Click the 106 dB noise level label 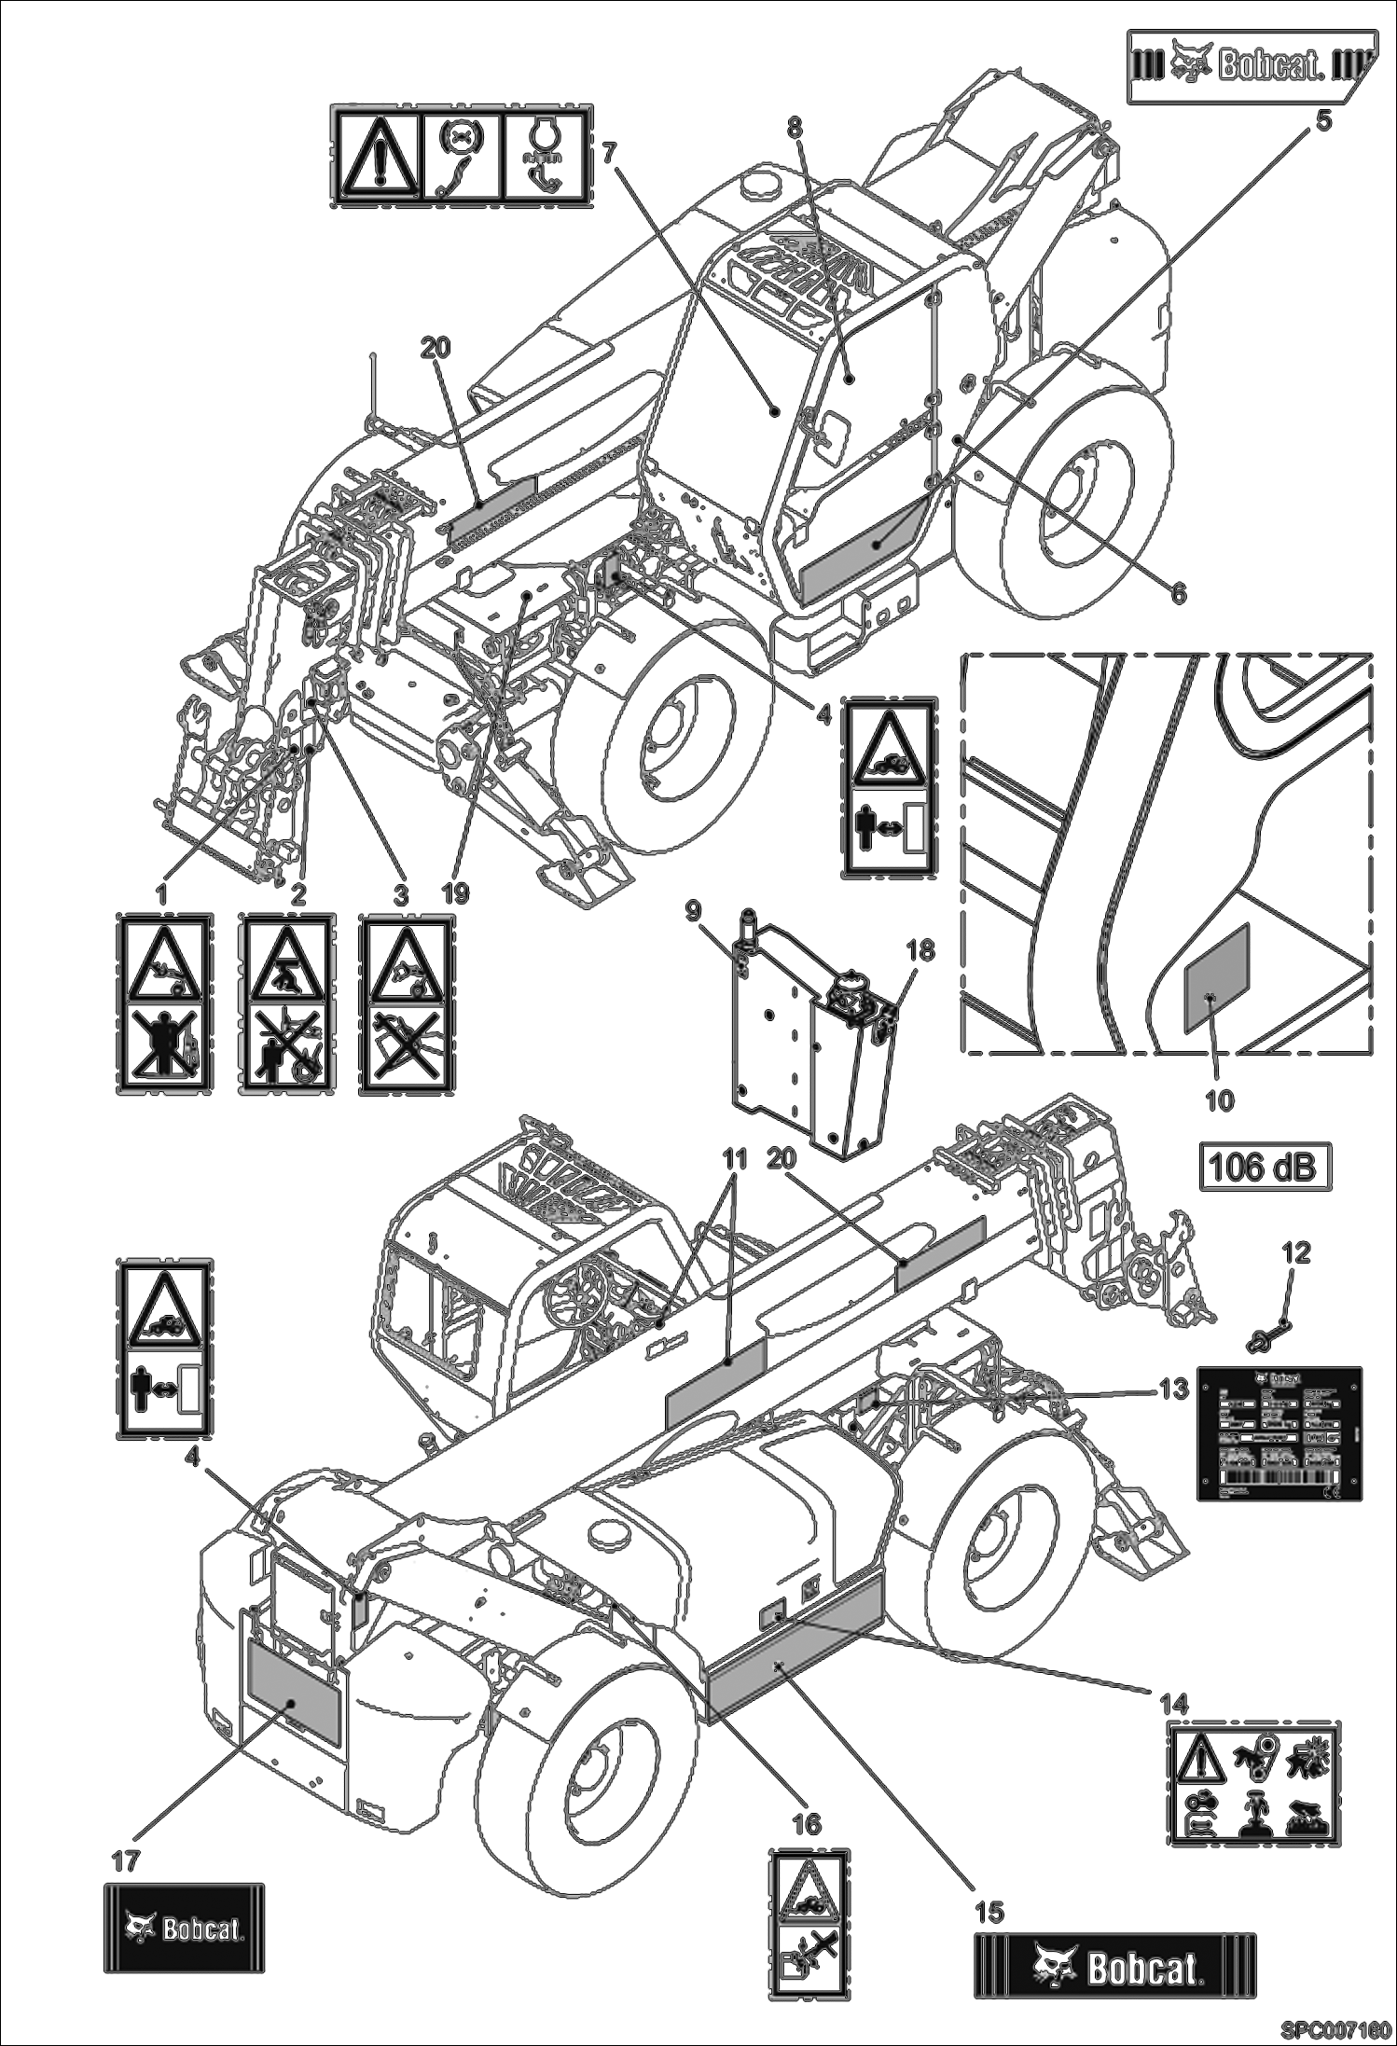1265,1167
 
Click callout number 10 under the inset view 1219,1100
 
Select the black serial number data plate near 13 1279,1433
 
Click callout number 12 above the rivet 1296,1253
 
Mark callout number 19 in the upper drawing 457,894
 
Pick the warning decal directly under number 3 408,1003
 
